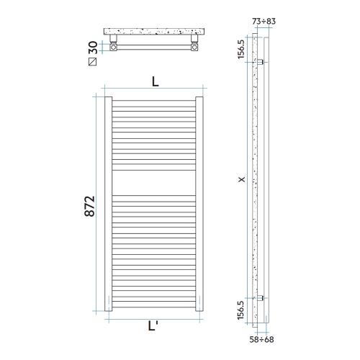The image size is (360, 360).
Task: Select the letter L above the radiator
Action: [x=156, y=81]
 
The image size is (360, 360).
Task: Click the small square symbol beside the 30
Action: [x=91, y=62]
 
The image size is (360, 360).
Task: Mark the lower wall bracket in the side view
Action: [x=263, y=297]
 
